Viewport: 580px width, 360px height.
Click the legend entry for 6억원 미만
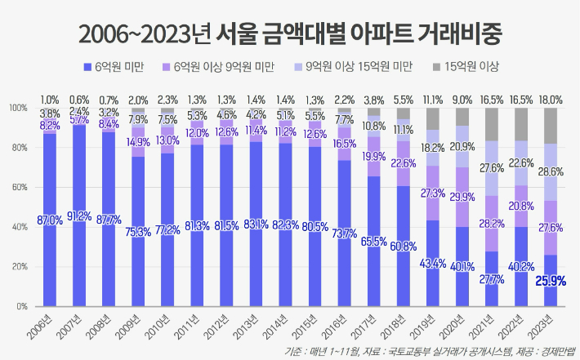pyautogui.click(x=119, y=65)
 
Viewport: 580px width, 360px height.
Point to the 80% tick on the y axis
pyautogui.click(x=19, y=148)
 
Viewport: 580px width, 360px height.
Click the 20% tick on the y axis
pyautogui.click(x=19, y=267)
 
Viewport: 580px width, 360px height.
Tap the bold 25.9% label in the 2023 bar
pyautogui.click(x=551, y=282)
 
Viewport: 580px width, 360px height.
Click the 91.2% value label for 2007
pyautogui.click(x=79, y=216)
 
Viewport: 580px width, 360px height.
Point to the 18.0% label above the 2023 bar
pyautogui.click(x=551, y=99)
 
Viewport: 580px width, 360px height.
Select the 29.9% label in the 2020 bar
pyautogui.click(x=462, y=197)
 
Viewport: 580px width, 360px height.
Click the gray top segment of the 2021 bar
pyautogui.click(x=493, y=124)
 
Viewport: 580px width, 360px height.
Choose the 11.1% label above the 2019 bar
pyautogui.click(x=433, y=99)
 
